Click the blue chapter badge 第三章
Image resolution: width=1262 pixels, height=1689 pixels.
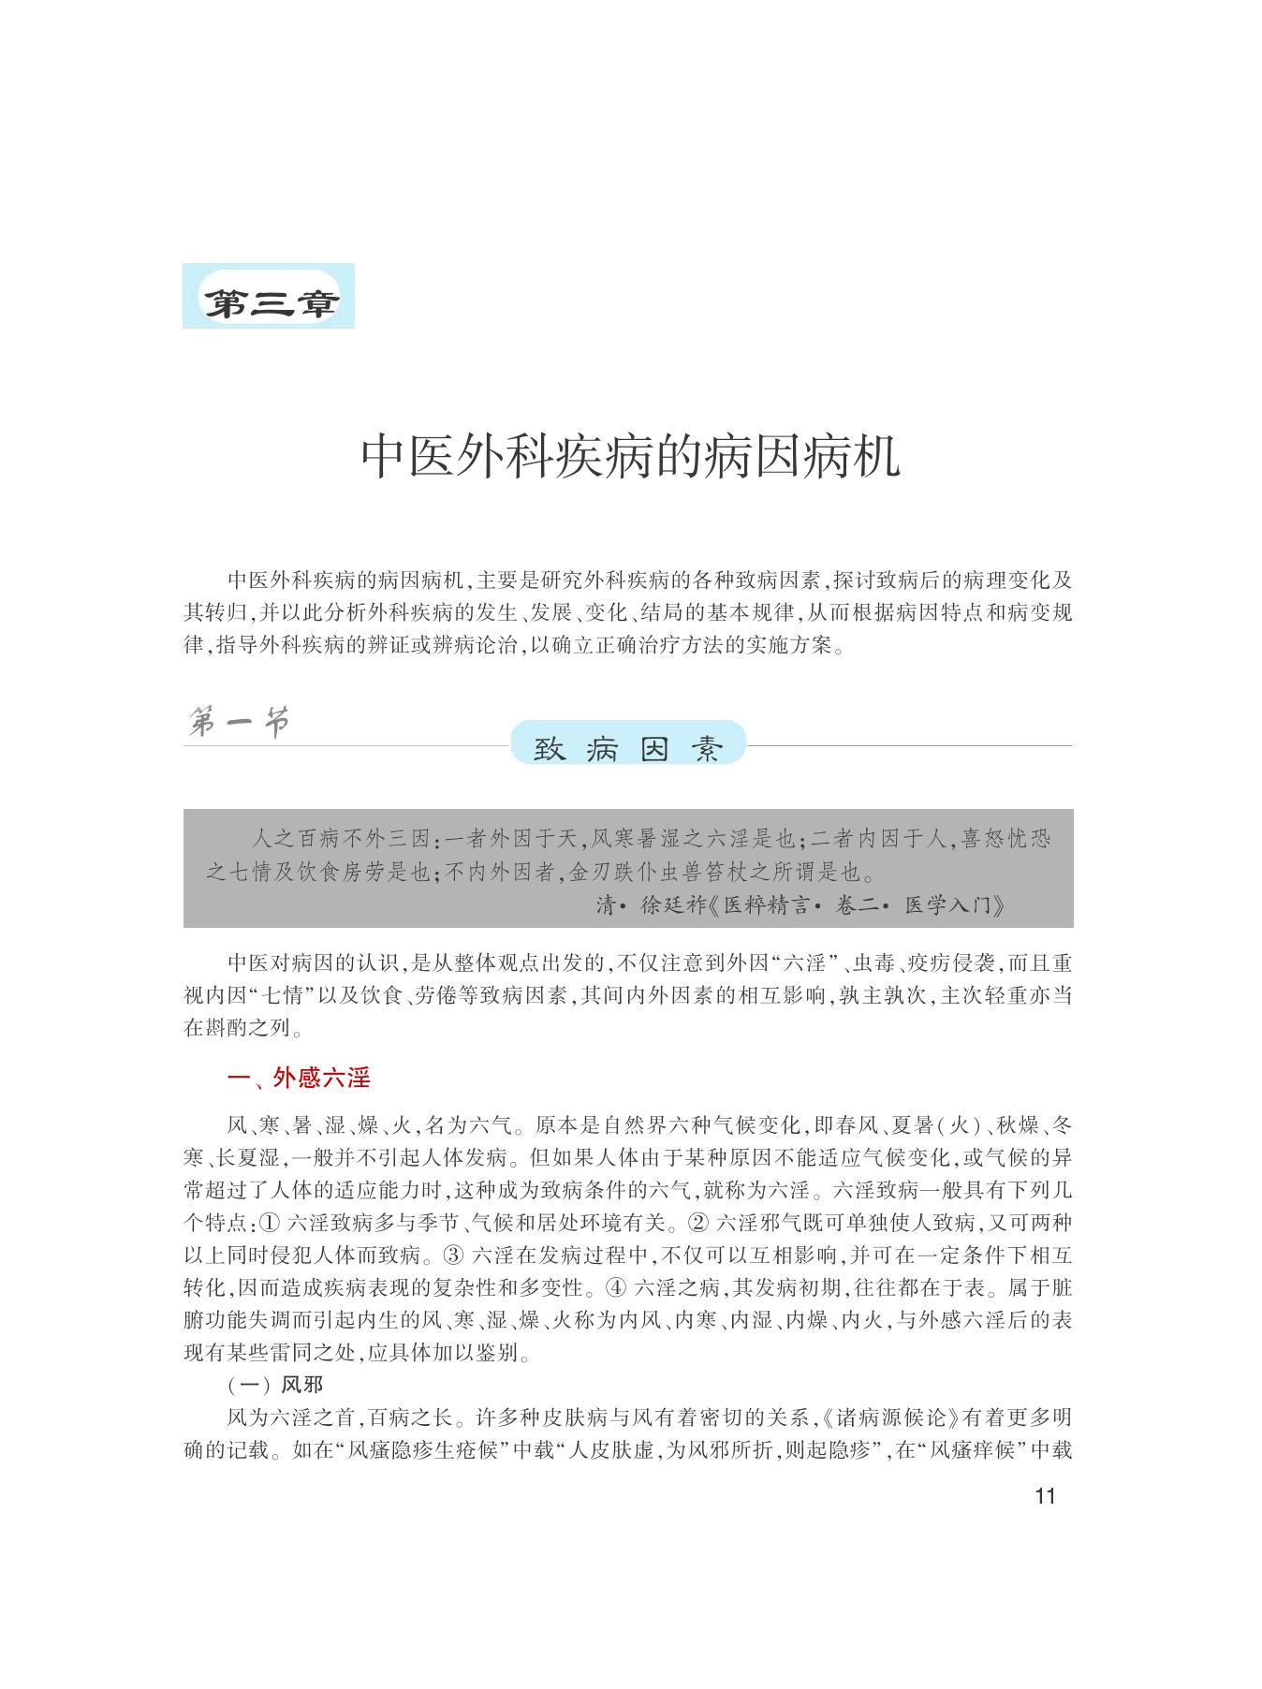[x=269, y=297]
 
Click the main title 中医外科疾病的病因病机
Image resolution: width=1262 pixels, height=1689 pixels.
[x=630, y=457]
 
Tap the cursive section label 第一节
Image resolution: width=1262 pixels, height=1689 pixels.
[x=238, y=723]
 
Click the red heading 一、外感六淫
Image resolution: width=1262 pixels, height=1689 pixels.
[x=299, y=1079]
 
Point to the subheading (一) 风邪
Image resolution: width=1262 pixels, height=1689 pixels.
[x=274, y=1385]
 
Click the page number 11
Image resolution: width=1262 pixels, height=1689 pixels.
[x=1046, y=1495]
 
